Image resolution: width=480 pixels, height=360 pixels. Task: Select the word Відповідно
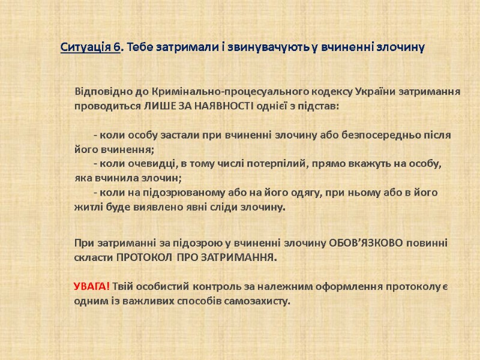point(99,92)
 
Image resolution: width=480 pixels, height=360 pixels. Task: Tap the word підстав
point(321,106)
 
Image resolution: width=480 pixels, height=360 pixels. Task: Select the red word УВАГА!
point(91,286)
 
